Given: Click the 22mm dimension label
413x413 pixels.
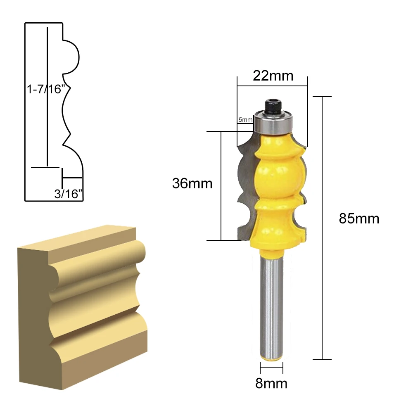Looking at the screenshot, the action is tap(273, 76).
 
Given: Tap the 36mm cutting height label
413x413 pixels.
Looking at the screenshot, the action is tap(192, 183).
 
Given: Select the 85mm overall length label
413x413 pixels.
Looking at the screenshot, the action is tap(359, 218).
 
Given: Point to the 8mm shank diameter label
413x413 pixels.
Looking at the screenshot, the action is tap(271, 384).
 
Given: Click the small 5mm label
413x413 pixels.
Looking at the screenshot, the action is tap(245, 120).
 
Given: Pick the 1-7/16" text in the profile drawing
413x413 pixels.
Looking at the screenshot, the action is tap(46, 89).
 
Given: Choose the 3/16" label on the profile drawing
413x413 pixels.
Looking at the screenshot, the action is tap(69, 194).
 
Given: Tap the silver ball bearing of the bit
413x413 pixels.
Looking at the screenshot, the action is tap(273, 123).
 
